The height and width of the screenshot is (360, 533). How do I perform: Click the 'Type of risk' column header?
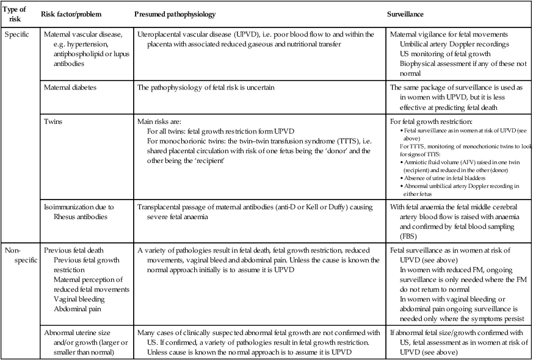click(16, 13)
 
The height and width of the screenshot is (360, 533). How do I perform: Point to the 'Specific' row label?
click(16, 34)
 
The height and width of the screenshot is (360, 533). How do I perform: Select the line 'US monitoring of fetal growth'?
click(446, 54)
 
